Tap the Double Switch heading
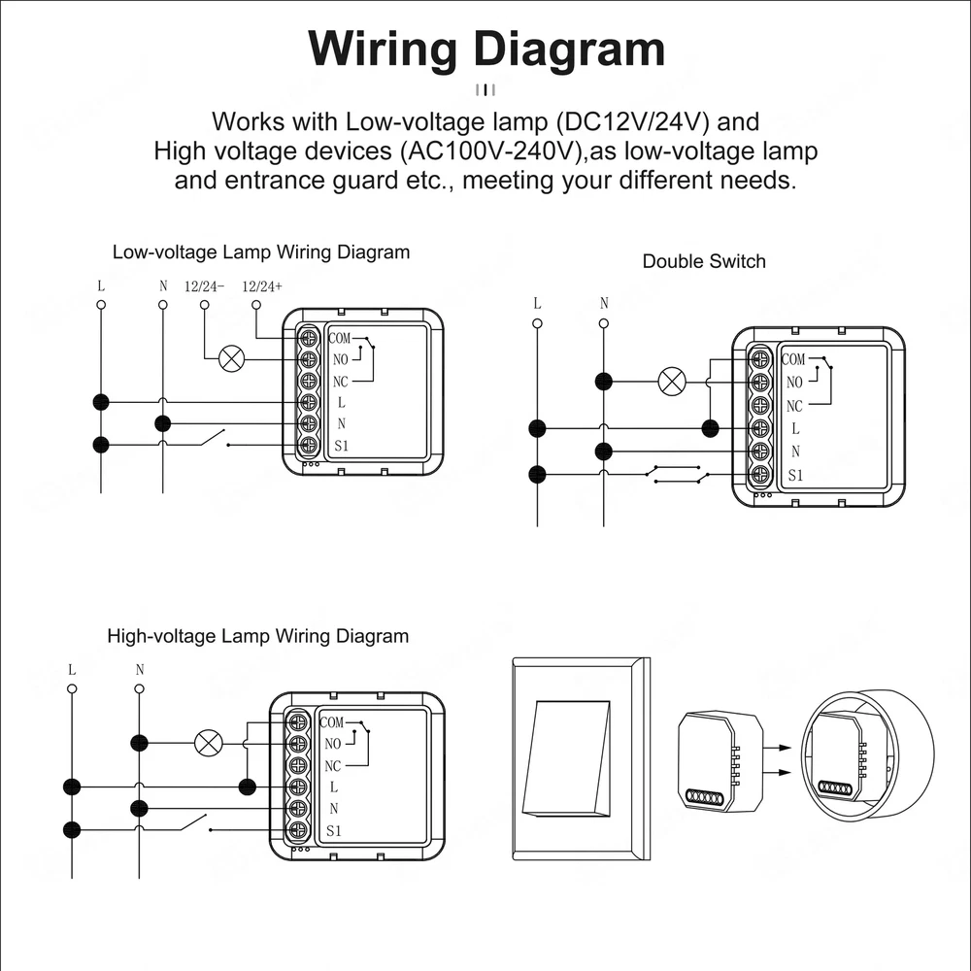point(704,261)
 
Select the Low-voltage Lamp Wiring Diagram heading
point(261,252)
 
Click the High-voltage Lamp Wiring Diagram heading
point(257,637)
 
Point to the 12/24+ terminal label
point(262,286)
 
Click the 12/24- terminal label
point(204,286)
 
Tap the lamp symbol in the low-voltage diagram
point(231,359)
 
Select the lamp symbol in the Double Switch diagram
point(671,381)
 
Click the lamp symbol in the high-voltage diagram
point(208,744)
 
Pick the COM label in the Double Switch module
point(793,359)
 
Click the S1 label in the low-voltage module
point(340,446)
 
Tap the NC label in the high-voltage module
point(333,766)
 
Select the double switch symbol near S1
point(677,474)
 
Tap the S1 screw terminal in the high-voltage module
point(299,830)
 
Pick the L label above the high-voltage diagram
point(72,670)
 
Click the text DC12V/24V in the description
point(631,123)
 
